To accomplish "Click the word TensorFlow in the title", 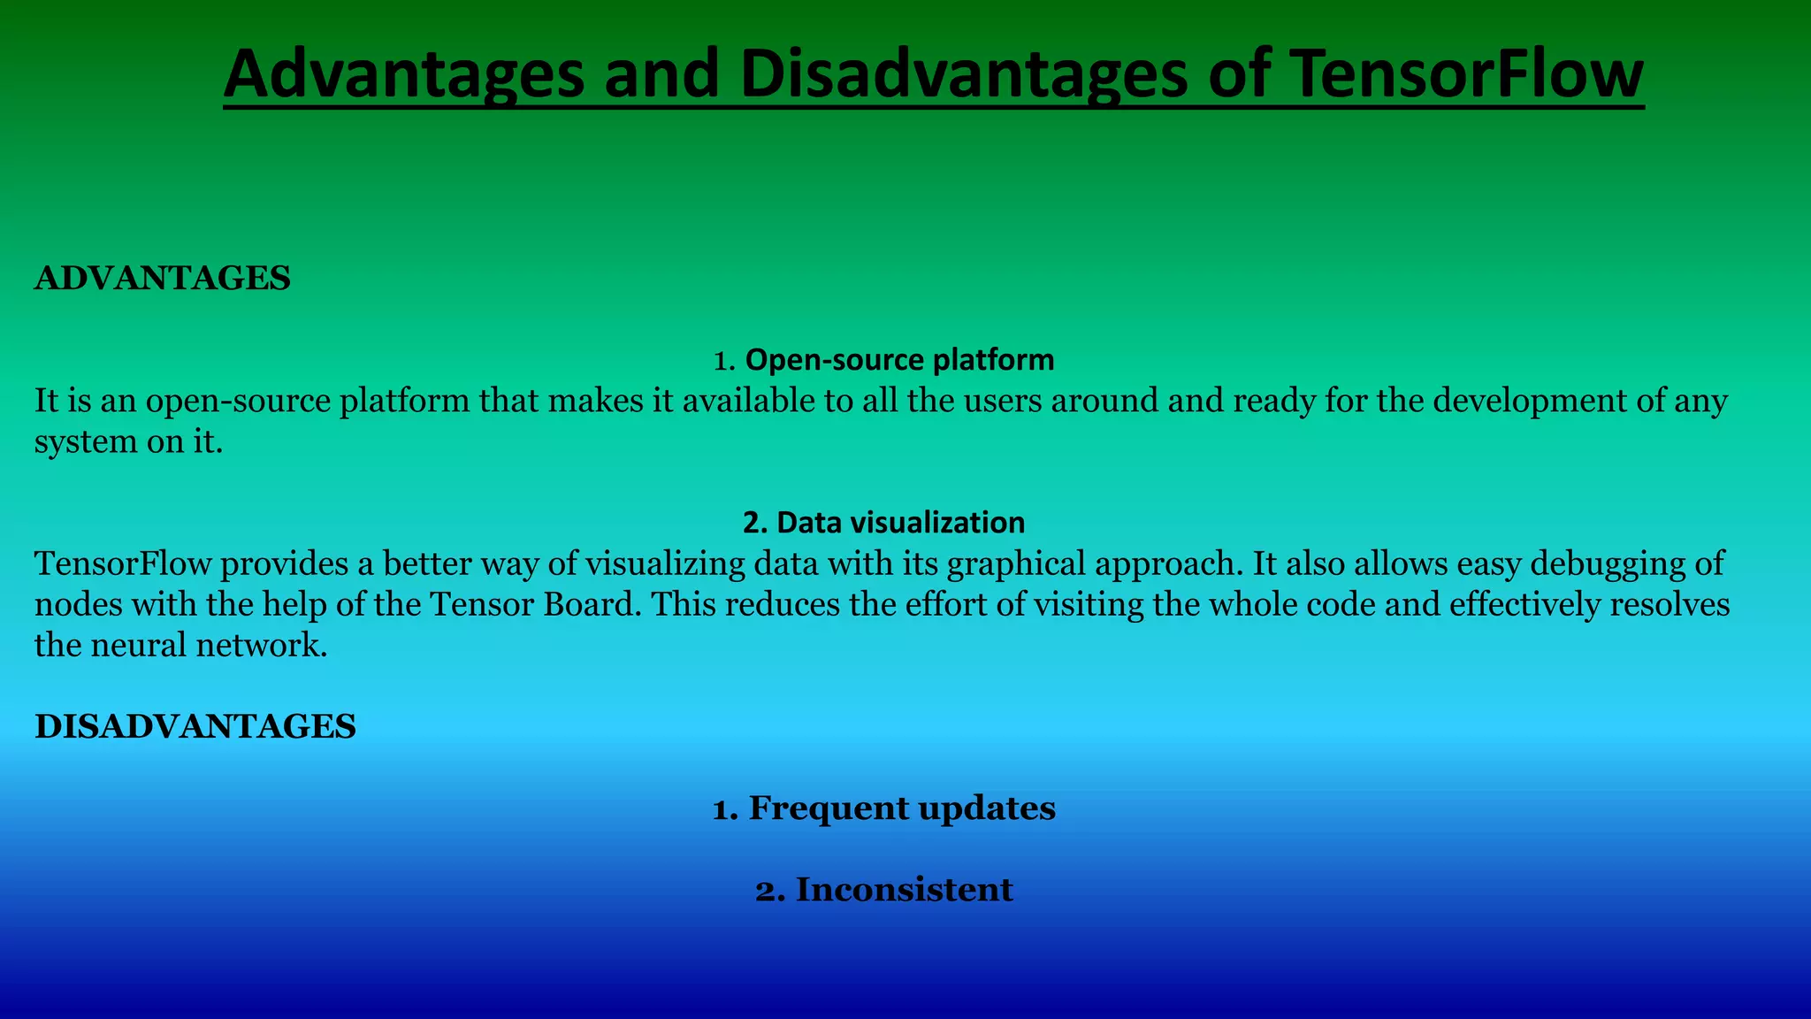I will tap(1465, 74).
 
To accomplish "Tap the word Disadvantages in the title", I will tap(964, 74).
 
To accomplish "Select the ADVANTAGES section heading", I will tap(162, 279).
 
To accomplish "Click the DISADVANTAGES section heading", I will tap(195, 726).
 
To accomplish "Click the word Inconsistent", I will tap(904, 889).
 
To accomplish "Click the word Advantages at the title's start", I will tap(403, 74).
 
